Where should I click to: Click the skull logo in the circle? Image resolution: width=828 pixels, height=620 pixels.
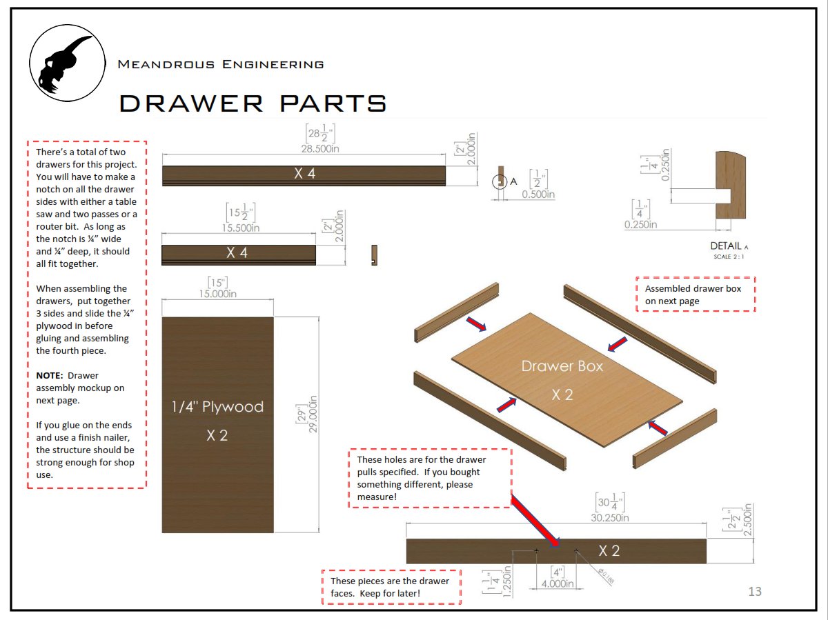point(67,63)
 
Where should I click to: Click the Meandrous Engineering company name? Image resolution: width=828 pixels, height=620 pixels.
point(220,64)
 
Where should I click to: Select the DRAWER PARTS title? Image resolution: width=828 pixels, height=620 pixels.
point(253,103)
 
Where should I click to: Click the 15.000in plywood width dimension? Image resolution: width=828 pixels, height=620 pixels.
point(217,294)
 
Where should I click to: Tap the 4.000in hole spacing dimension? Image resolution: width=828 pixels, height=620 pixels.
point(558,583)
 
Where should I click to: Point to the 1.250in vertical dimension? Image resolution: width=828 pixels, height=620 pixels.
point(507,583)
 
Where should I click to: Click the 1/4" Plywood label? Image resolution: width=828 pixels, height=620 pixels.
point(217,407)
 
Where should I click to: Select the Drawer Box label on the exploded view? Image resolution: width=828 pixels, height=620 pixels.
point(562,366)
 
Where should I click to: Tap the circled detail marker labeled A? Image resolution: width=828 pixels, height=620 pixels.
point(499,182)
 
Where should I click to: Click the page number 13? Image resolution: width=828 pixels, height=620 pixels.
point(754,591)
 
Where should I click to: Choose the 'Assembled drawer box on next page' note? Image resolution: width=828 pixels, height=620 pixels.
point(695,294)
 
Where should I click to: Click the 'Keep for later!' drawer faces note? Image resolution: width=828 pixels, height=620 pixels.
point(391,587)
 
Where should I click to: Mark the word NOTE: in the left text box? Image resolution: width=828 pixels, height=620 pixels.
point(50,376)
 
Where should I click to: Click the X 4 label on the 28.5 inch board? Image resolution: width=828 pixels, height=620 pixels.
point(304,174)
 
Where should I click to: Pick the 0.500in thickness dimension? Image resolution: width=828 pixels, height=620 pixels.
point(538,194)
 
